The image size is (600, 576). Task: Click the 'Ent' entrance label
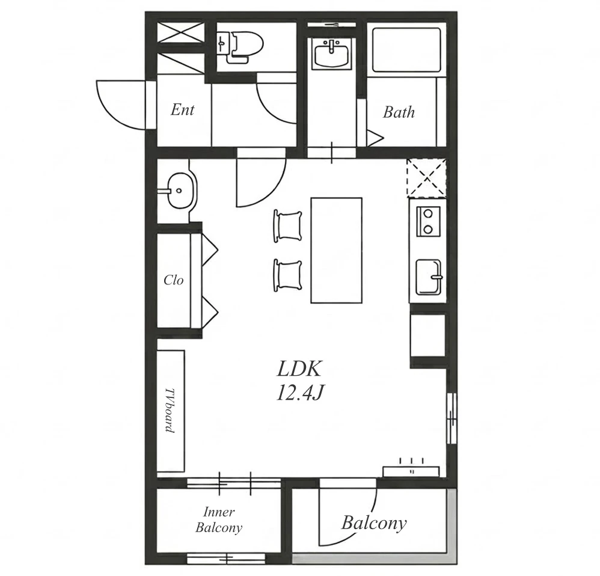tap(183, 110)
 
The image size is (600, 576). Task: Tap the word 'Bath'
tap(399, 112)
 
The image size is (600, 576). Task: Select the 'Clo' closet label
tap(173, 280)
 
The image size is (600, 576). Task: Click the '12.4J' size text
tap(299, 392)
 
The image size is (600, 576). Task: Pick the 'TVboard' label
tap(170, 410)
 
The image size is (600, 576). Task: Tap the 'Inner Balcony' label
tap(218, 519)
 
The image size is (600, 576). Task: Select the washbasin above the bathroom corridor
tap(331, 54)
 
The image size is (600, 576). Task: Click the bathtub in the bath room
tap(406, 50)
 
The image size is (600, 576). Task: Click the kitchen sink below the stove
tap(429, 277)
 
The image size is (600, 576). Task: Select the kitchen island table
tap(336, 250)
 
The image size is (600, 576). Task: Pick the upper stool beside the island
tap(288, 226)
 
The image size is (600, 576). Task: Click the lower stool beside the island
tap(288, 275)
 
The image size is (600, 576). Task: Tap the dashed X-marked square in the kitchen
tap(426, 179)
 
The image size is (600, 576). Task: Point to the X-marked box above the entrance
tap(180, 32)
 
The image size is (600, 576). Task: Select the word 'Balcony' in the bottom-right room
tap(374, 523)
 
